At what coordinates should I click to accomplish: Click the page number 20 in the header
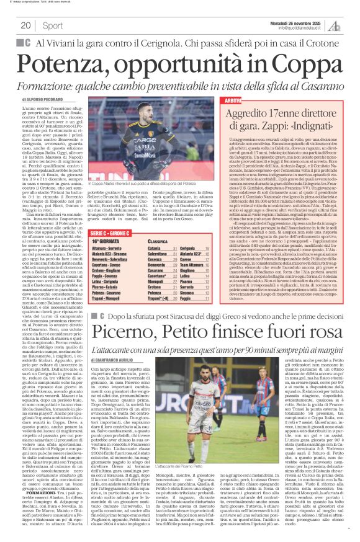click(x=26, y=25)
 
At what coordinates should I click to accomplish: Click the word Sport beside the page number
click(x=53, y=25)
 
